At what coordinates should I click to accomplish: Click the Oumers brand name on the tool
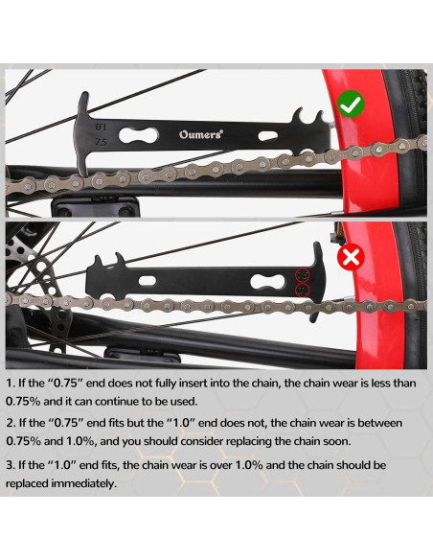coord(200,135)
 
